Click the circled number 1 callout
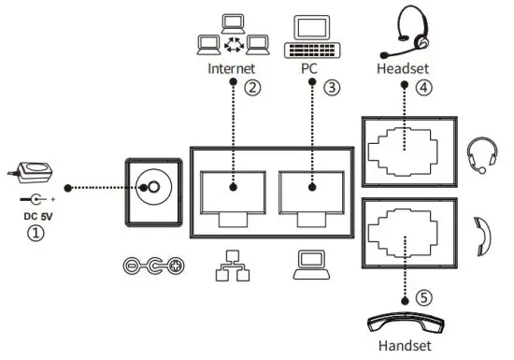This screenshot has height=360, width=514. [x=35, y=236]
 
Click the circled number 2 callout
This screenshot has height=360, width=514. [x=251, y=90]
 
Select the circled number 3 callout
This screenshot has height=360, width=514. [x=332, y=90]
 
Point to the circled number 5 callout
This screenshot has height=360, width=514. [x=423, y=299]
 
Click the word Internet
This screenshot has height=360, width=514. [x=231, y=69]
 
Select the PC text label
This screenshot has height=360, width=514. [x=308, y=69]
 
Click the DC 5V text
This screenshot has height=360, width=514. [x=35, y=218]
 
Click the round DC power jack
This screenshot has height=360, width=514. [x=150, y=187]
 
